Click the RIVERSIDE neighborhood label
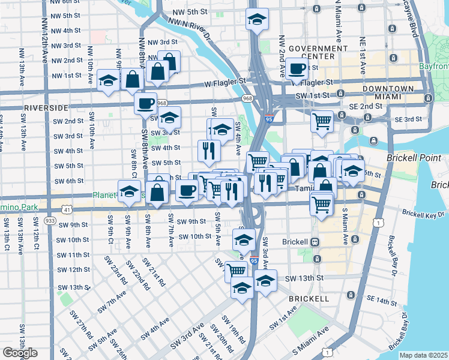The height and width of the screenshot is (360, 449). tap(46, 107)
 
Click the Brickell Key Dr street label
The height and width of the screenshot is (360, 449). tap(424, 213)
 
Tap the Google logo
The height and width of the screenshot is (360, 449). tap(20, 352)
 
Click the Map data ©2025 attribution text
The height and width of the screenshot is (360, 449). tap(423, 355)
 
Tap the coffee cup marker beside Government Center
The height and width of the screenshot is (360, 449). tap(296, 68)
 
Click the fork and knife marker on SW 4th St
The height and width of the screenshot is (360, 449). tap(209, 151)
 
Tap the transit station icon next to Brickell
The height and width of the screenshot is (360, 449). tap(314, 241)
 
